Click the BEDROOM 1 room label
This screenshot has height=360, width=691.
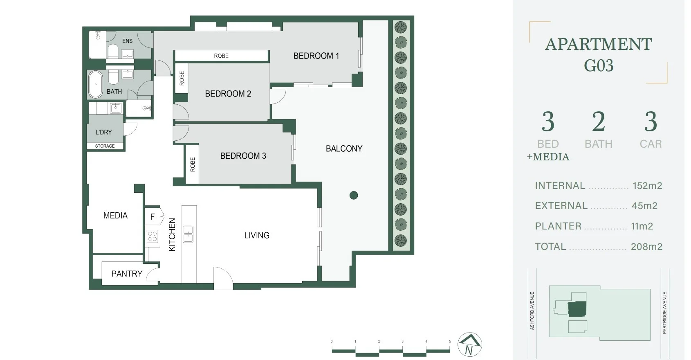(316, 56)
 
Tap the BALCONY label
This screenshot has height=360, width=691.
(344, 148)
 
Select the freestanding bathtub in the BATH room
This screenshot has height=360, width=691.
(95, 84)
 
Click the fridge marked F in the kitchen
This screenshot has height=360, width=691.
(153, 216)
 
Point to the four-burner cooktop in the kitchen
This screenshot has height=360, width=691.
(153, 236)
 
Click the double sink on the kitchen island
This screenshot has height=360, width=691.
(188, 234)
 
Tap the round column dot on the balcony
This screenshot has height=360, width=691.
(354, 195)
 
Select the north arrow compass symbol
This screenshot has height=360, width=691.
(469, 344)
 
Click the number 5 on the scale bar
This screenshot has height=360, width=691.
(450, 342)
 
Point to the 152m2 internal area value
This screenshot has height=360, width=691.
(647, 186)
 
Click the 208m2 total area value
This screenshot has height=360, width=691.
(646, 246)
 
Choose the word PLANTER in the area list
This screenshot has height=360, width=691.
(558, 226)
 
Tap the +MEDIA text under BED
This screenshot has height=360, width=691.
(548, 157)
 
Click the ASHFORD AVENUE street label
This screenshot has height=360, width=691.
(532, 310)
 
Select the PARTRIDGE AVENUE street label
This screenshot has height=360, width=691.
(664, 313)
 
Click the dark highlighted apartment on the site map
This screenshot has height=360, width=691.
(577, 309)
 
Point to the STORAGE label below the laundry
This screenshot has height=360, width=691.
(105, 146)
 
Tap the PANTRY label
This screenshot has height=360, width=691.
(127, 274)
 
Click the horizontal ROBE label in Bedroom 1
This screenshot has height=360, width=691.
(221, 56)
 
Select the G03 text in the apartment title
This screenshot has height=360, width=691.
(599, 65)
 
